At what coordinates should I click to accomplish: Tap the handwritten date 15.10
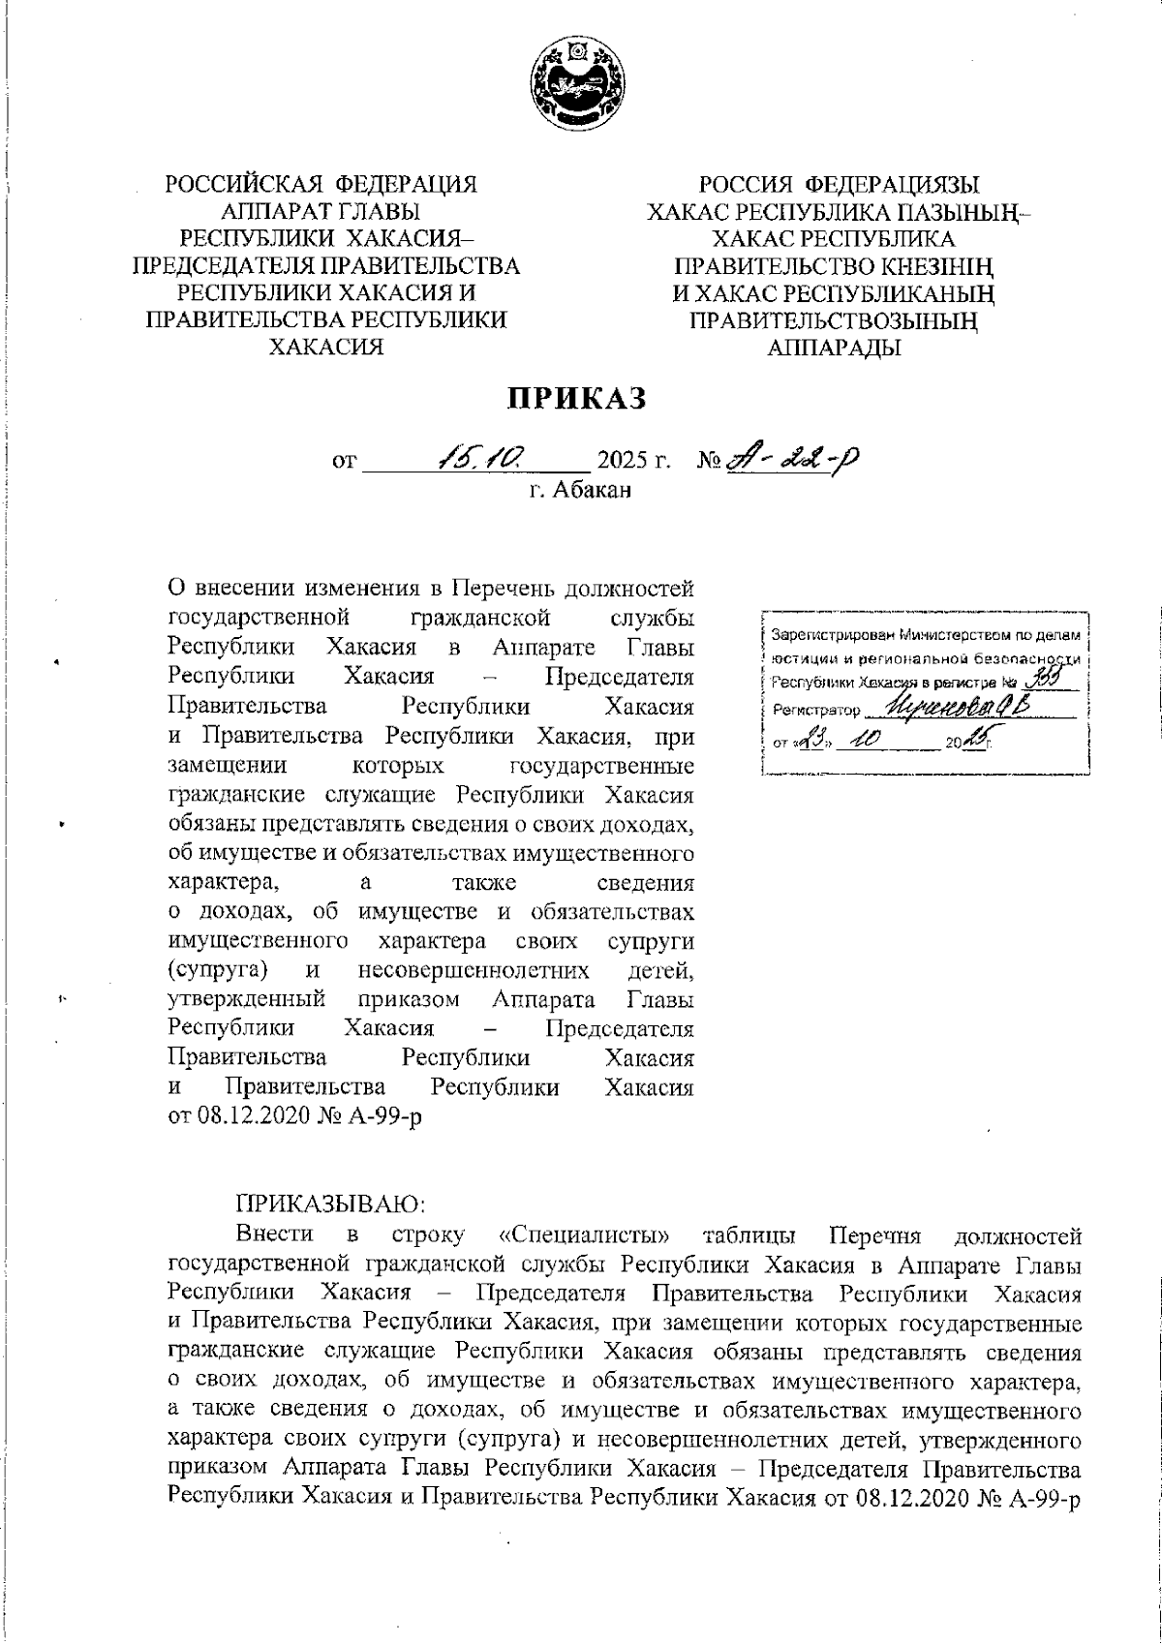click(480, 453)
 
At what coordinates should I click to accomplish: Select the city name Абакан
click(593, 490)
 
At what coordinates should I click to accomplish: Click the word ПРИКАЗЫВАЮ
click(332, 1203)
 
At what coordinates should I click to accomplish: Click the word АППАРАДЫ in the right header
click(834, 349)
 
